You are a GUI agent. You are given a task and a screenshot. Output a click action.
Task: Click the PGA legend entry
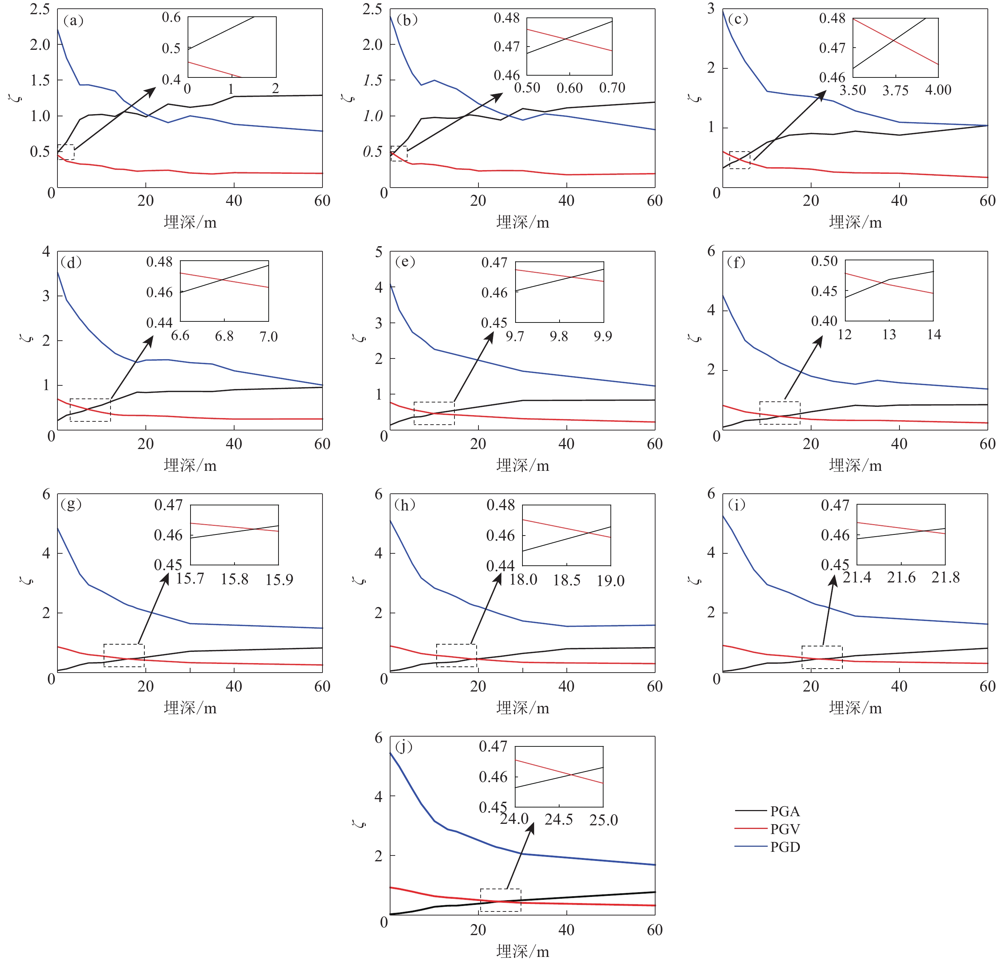pos(785,811)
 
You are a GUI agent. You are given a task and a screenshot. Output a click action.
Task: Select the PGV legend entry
pos(785,829)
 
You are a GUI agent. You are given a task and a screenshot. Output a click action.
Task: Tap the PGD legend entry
pos(785,847)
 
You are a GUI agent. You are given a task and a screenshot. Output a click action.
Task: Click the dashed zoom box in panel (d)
pos(90,410)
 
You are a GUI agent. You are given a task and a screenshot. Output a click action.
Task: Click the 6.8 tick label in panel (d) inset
pos(224,336)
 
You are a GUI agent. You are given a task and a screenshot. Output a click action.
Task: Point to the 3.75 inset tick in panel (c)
pos(895,91)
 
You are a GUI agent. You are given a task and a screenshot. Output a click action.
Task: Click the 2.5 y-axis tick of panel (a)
pos(40,9)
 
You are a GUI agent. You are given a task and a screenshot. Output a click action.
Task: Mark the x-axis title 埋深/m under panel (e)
pos(522,465)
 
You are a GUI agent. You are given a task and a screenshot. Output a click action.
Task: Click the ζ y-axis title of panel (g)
pos(28,581)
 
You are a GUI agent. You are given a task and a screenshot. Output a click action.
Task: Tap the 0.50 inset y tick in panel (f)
pos(824,261)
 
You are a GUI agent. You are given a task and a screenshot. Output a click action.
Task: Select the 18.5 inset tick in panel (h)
pos(566,580)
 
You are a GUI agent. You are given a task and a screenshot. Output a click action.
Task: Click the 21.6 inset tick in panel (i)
pos(901,578)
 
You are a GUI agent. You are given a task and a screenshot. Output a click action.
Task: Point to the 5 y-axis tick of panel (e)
pos(378,252)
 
